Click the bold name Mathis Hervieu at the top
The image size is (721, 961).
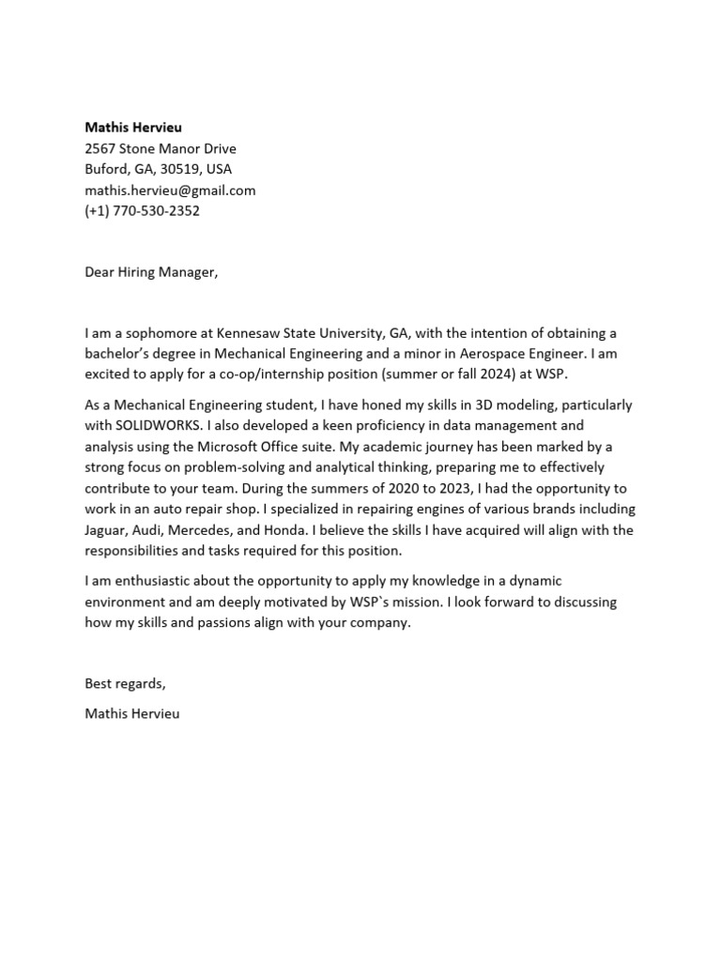click(x=133, y=127)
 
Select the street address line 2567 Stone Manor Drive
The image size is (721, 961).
click(x=161, y=148)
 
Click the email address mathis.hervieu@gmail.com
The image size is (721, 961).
click(x=170, y=191)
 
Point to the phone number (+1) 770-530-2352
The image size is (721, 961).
click(x=142, y=211)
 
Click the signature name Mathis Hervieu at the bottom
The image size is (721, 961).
click(x=131, y=713)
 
